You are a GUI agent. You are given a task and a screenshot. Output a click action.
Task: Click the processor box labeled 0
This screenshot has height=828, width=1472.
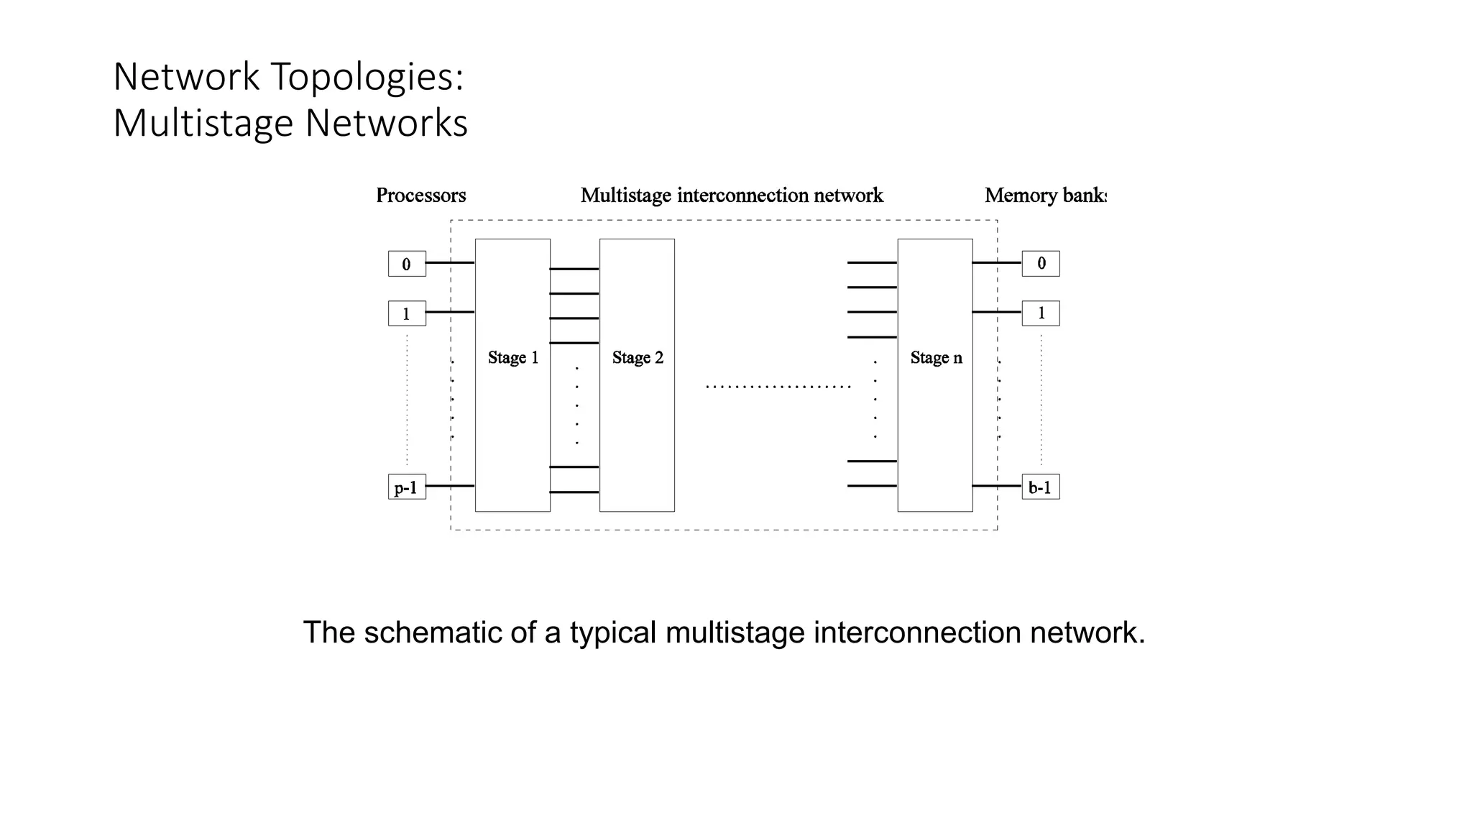407,264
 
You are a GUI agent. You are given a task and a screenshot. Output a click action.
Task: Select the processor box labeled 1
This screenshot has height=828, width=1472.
407,313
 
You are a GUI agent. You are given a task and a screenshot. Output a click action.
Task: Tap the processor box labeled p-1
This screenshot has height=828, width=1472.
407,487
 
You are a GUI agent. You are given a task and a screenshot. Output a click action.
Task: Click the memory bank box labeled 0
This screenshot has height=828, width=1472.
1041,264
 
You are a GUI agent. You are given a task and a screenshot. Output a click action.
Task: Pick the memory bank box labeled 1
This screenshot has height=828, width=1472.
1041,313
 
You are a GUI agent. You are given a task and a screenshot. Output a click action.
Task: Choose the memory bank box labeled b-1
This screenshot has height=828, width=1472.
1041,487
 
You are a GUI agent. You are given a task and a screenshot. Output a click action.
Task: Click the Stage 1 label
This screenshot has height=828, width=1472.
513,357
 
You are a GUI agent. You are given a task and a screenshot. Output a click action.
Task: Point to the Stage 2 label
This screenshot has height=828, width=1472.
638,357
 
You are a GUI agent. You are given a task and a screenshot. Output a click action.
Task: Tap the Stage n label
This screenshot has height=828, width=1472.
936,357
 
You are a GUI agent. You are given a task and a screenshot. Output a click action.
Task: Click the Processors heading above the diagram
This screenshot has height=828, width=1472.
421,195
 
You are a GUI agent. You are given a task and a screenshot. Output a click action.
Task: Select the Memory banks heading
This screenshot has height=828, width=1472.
1045,195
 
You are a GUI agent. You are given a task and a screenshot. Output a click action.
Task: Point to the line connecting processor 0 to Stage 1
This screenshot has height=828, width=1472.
450,263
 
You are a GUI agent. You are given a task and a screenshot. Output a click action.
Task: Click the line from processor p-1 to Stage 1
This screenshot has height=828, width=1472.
450,486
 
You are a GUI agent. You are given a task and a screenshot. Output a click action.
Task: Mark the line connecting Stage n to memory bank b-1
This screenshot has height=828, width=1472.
996,486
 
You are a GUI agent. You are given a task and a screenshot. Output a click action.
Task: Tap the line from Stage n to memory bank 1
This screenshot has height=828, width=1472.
996,312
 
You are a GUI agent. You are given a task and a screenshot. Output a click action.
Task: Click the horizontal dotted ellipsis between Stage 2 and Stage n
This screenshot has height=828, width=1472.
778,387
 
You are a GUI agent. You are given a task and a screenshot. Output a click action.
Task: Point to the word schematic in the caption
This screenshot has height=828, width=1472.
433,632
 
